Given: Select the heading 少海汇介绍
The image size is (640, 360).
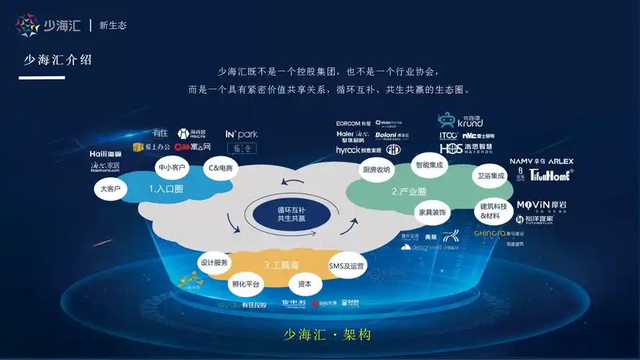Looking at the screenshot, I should pos(57,60).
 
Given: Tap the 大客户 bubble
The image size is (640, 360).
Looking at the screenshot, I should pos(110,189).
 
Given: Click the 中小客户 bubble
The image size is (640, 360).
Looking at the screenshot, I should pos(171,168).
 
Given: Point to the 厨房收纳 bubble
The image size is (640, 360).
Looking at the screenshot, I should pos(376,170).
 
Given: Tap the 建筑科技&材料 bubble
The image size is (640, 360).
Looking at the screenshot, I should pos(494,210).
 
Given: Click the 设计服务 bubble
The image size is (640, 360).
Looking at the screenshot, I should pos(214,263).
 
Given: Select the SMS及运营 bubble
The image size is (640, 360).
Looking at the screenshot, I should pos(346,266).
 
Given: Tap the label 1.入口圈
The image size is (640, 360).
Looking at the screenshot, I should pos(166,189).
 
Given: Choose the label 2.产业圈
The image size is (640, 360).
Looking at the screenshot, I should pos(409,192).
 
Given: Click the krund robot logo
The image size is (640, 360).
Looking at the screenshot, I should pos(461,120).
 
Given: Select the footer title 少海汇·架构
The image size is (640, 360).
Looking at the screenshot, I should pos(328,336).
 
